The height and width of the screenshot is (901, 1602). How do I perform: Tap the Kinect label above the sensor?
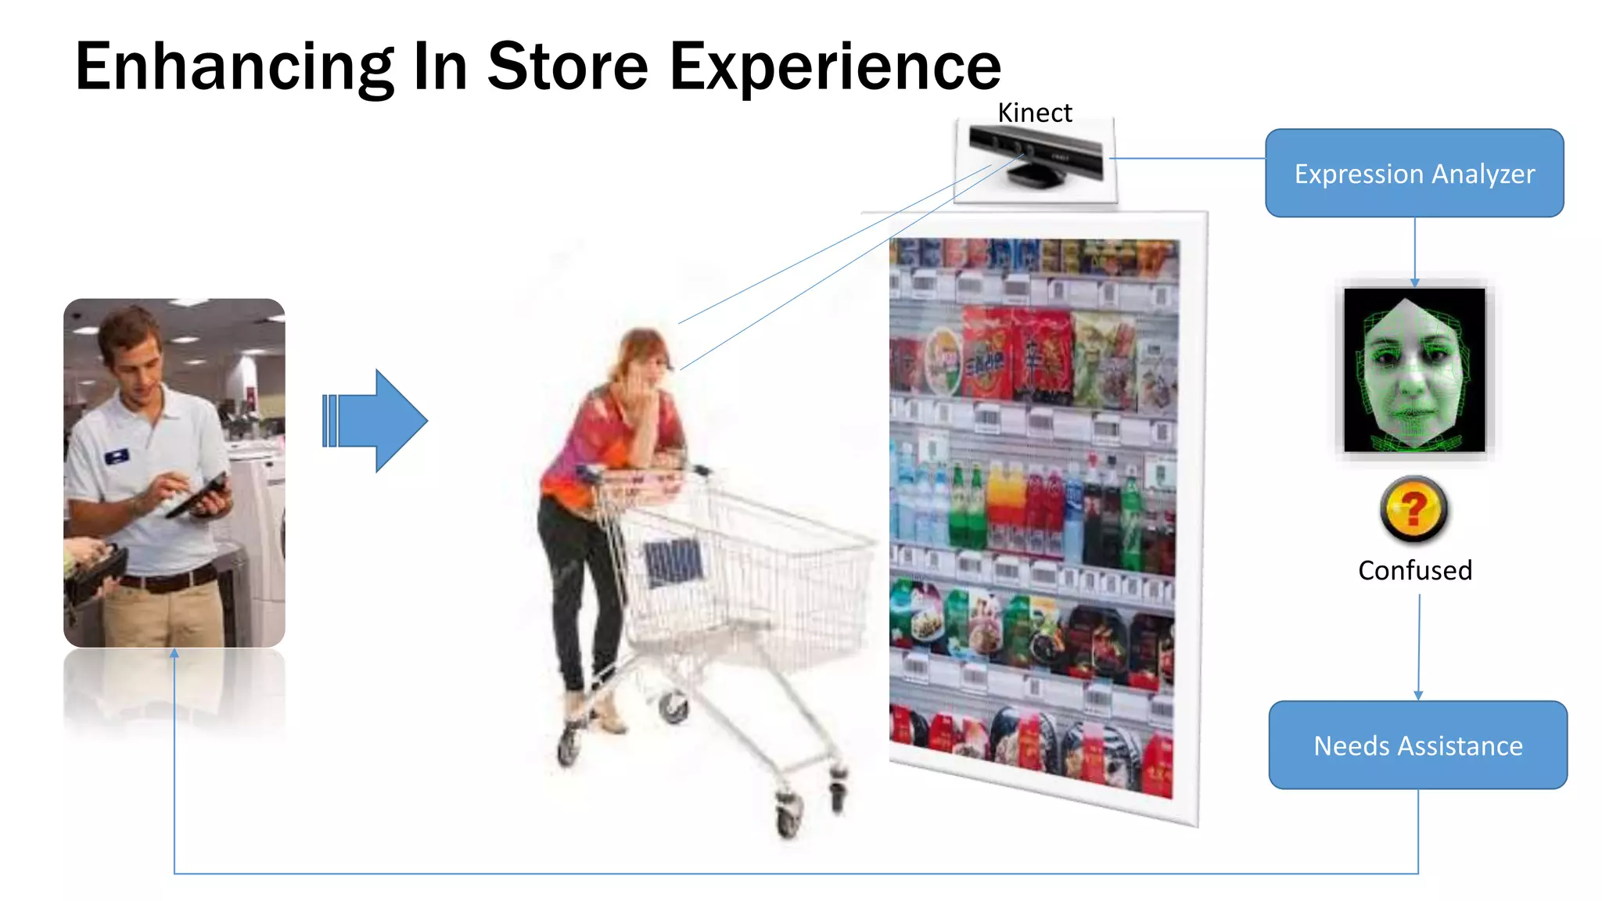[1034, 113]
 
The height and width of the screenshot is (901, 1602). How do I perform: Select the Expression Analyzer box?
[1414, 174]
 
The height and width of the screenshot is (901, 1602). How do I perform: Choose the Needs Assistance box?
[1417, 745]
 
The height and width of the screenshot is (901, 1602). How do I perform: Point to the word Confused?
[1415, 571]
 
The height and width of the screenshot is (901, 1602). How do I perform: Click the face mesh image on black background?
[1414, 370]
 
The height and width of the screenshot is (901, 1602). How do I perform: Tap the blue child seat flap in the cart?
[673, 562]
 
